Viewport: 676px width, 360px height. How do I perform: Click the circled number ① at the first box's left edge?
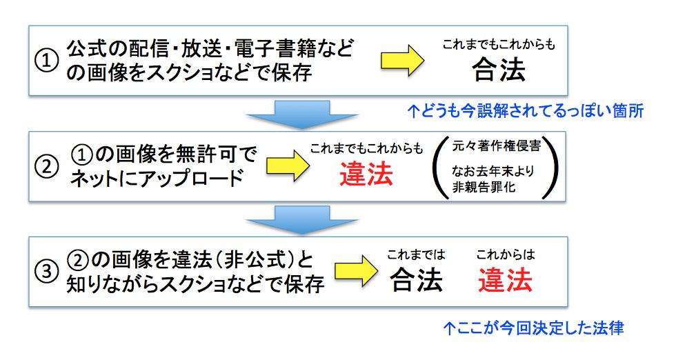(45, 61)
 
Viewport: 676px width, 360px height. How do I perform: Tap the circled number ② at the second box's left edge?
(45, 167)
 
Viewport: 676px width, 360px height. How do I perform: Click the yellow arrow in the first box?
(401, 60)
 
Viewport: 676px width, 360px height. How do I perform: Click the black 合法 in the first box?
(499, 70)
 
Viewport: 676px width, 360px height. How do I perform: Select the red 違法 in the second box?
(366, 175)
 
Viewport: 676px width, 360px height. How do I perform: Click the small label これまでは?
(416, 256)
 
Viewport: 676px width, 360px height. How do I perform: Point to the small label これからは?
(505, 255)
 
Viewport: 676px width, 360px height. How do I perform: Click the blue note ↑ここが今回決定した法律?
(533, 328)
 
